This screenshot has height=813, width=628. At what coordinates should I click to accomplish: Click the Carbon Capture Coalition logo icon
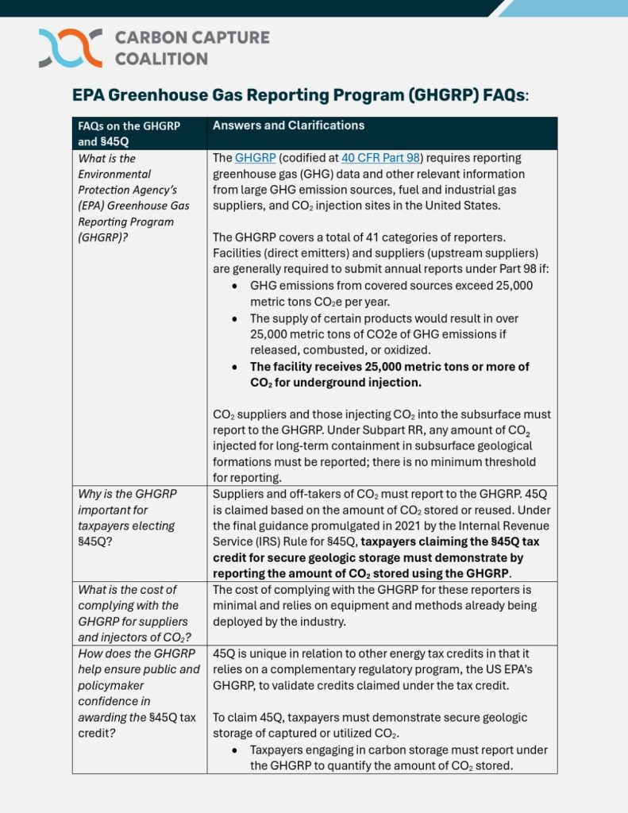click(70, 48)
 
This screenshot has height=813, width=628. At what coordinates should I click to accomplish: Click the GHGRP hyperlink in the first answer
click(255, 158)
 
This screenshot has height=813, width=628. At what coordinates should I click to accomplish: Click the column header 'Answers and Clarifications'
click(288, 125)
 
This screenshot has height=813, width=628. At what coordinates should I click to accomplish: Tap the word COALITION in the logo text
click(161, 59)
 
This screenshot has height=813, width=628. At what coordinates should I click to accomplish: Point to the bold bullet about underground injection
click(389, 374)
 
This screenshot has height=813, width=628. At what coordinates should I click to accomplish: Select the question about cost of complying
click(132, 613)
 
